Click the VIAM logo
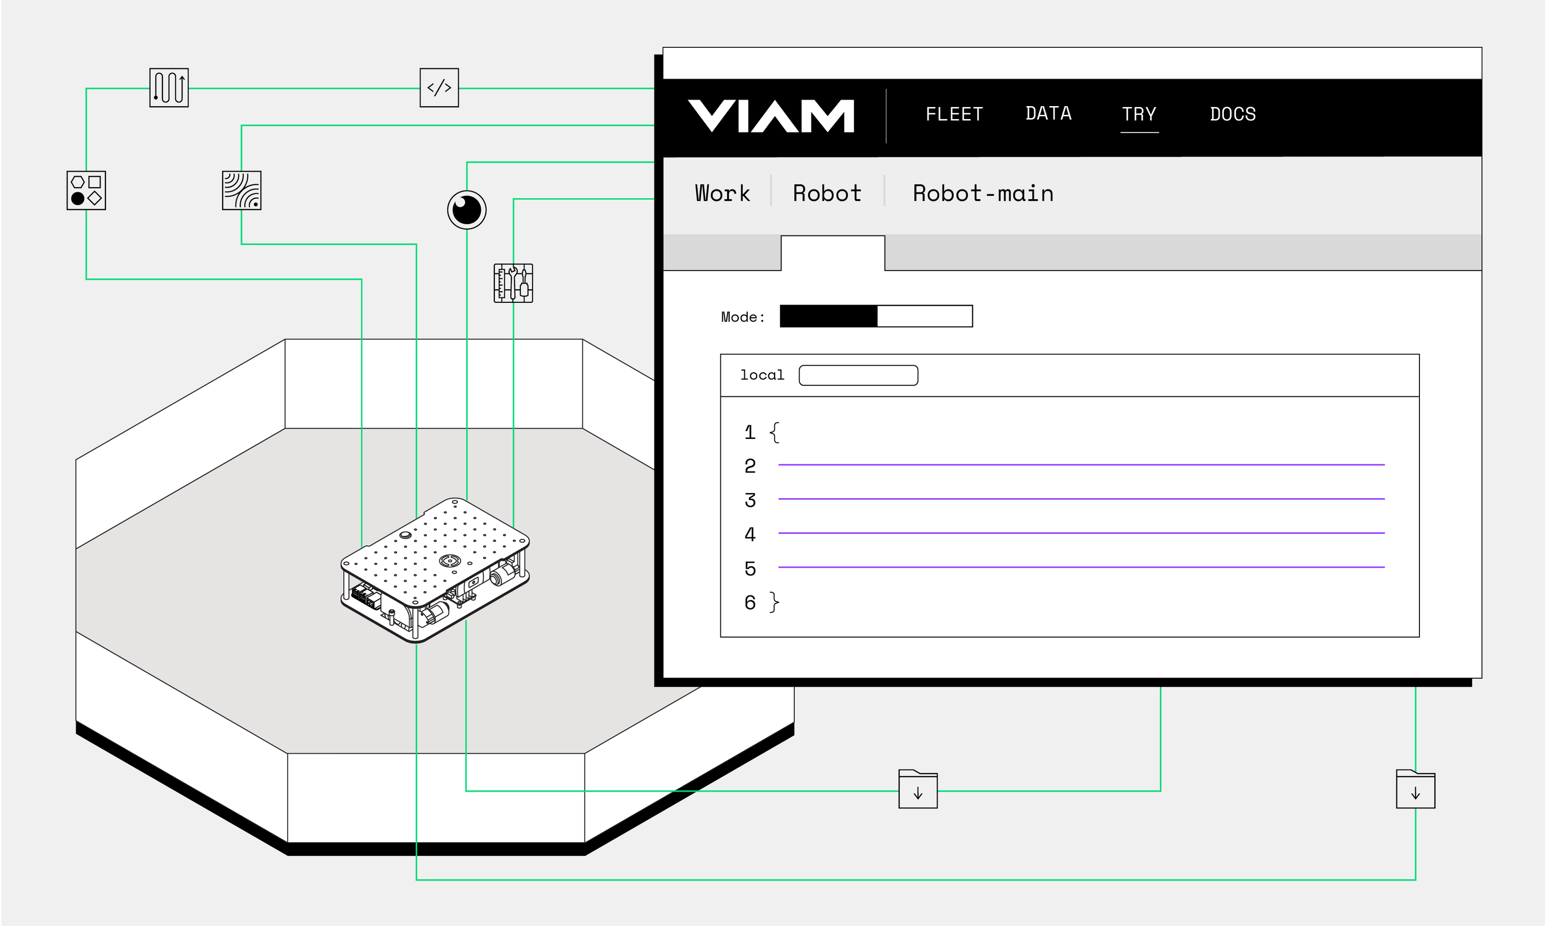[x=771, y=116]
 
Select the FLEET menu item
[x=954, y=114]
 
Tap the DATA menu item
[x=1049, y=113]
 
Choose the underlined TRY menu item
[x=1139, y=114]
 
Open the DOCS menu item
[x=1233, y=114]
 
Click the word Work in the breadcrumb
[x=723, y=193]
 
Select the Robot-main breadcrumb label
[x=983, y=193]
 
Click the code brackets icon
[x=439, y=88]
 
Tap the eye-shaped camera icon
[x=466, y=210]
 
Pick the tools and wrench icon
[x=513, y=283]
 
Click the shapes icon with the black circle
[x=86, y=191]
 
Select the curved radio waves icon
[x=242, y=191]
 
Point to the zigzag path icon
[x=169, y=88]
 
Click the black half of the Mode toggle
[x=828, y=316]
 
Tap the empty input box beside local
[x=858, y=376]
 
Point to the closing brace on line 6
[x=774, y=602]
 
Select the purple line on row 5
[x=1081, y=567]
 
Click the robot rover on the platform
[x=435, y=569]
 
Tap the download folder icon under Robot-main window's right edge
[x=1415, y=790]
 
